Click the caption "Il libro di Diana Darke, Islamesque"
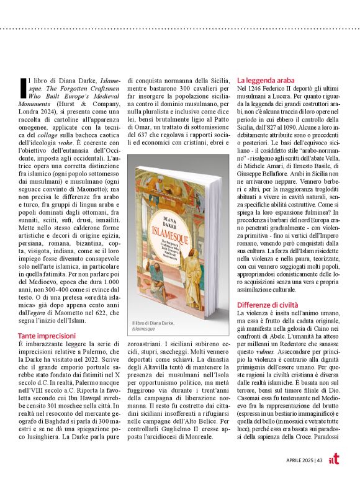point(153,328)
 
